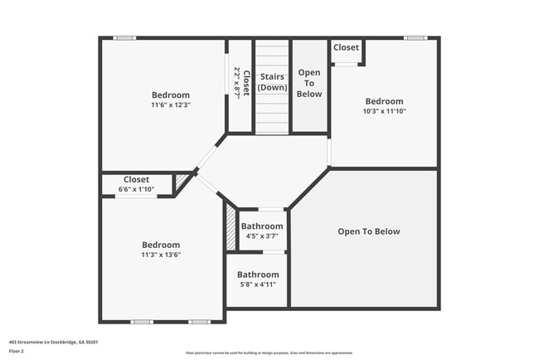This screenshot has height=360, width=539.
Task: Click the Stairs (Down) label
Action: [x=272, y=82]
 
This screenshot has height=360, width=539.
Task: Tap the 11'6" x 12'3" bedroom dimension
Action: [x=171, y=105]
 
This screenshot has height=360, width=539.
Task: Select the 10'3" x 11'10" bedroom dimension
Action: [x=384, y=111]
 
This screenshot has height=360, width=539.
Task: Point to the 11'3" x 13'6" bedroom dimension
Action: [x=161, y=255]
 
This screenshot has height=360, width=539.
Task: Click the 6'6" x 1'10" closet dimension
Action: [x=136, y=189]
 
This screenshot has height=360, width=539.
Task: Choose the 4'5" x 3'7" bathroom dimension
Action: [x=262, y=236]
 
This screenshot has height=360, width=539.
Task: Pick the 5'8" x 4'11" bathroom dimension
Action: [x=257, y=285]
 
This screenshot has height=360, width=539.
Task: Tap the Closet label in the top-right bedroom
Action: [x=346, y=48]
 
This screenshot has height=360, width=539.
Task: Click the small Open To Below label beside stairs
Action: [x=309, y=83]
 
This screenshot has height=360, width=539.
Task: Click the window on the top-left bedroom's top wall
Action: [x=125, y=38]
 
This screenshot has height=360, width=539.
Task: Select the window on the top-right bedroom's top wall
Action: [x=415, y=38]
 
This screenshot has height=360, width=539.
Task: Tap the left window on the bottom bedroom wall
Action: [x=142, y=322]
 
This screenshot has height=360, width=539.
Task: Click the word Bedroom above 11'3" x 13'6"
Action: [x=161, y=245]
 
